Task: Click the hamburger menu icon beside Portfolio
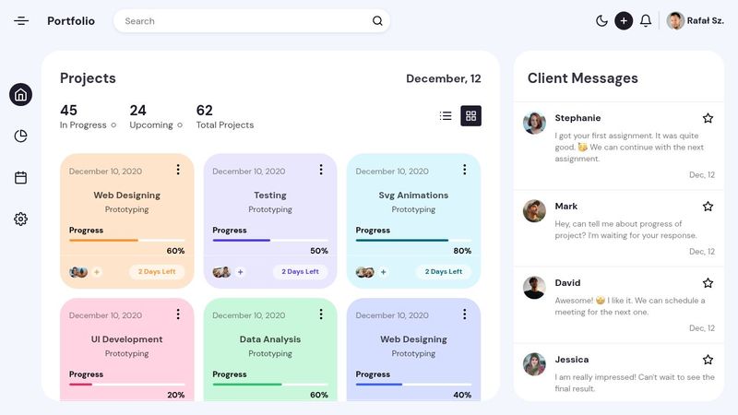coord(21,21)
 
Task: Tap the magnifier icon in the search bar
coord(377,21)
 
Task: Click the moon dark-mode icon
coord(601,21)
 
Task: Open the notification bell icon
coord(646,21)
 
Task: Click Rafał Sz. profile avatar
coord(675,21)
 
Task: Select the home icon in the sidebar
coord(20,94)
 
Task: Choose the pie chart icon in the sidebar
coord(20,136)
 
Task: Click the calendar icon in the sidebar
coord(20,178)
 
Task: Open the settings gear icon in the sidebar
coord(20,219)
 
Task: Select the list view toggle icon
coord(446,116)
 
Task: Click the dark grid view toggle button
coord(470,116)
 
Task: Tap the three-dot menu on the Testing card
coord(321,170)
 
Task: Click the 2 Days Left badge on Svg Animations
coord(444,272)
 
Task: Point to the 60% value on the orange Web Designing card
coord(175,251)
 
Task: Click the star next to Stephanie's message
coord(708,118)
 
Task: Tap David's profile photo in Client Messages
coord(534,288)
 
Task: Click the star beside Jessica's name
coord(708,360)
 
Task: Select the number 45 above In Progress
coord(69,111)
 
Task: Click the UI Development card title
coord(126,339)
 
